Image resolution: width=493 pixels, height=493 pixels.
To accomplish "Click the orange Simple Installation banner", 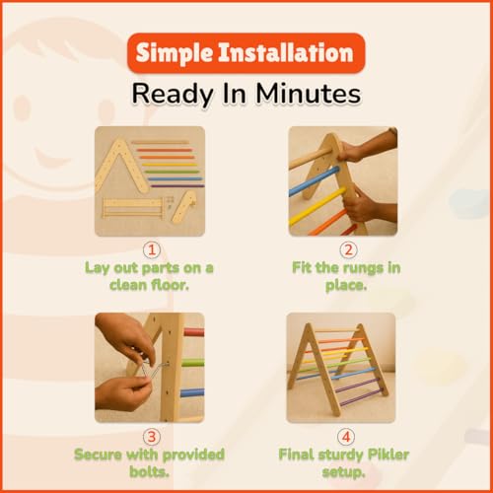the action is pyautogui.click(x=246, y=53).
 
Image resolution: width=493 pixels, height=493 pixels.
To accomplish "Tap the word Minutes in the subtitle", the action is pyautogui.click(x=309, y=94).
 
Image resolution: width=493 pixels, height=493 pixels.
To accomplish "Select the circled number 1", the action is pyautogui.click(x=152, y=250).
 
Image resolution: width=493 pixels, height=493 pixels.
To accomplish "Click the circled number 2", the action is pyautogui.click(x=348, y=250).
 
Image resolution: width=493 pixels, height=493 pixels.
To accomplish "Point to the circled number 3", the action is pyautogui.click(x=152, y=437).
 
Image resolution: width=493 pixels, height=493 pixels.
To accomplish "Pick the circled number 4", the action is pyautogui.click(x=346, y=437).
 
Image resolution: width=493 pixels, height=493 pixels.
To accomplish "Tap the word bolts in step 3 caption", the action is pyautogui.click(x=149, y=472).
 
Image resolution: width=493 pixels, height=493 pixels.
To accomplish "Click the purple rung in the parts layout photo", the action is pyautogui.click(x=177, y=186).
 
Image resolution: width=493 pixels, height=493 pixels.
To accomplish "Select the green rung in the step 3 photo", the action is pyautogui.click(x=192, y=363).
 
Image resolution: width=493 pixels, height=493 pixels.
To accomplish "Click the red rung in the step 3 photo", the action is pyautogui.click(x=194, y=332).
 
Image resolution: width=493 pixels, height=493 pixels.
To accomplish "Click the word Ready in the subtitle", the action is pyautogui.click(x=174, y=94).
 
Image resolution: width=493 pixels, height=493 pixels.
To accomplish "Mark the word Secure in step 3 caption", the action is pyautogui.click(x=99, y=455).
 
